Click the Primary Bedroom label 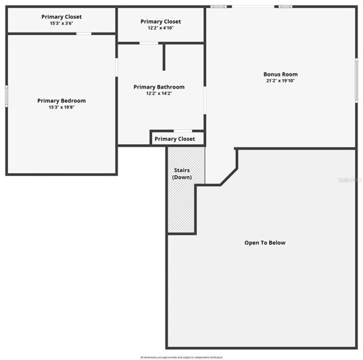point(62,100)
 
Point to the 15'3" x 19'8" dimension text point(62,107)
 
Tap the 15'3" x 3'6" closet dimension point(62,23)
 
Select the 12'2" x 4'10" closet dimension point(161,28)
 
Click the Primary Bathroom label point(159,87)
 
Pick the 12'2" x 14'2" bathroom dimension point(159,93)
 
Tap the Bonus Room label point(281,74)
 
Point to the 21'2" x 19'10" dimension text point(281,81)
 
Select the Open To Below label point(265,242)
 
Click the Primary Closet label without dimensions point(174,139)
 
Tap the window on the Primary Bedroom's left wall point(7,95)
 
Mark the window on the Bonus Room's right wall point(356,80)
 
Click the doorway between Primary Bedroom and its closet point(83,33)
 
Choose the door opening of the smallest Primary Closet point(183,131)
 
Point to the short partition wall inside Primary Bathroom point(164,58)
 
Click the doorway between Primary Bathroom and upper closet point(149,44)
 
